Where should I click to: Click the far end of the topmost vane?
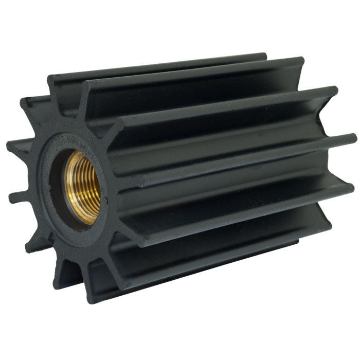[x=262, y=56]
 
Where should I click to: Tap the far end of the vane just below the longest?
[x=350, y=188]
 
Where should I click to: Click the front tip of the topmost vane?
[x=51, y=80]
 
